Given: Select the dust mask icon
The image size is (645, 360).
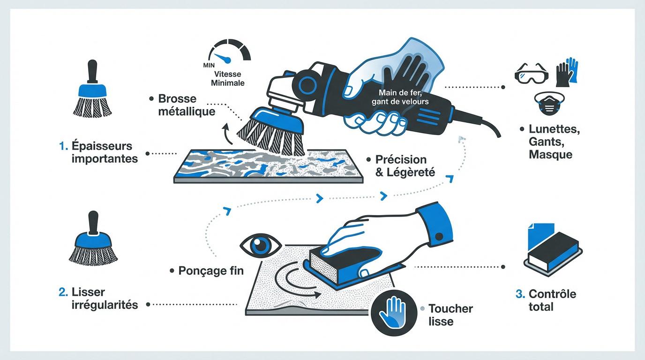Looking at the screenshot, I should coord(549,103).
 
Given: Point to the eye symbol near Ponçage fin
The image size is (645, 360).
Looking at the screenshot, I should coord(261,245).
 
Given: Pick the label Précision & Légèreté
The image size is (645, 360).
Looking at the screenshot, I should coord(405,166).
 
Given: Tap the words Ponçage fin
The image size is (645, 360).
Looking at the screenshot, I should coord(211,271).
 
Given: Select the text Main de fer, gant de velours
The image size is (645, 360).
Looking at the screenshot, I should coord(400,97).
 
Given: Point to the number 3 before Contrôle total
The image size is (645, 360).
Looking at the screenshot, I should coord(520,294).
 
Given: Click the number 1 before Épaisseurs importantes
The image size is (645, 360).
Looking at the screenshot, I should coord(63,146).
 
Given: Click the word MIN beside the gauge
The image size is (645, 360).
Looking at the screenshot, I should coord(209,66).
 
